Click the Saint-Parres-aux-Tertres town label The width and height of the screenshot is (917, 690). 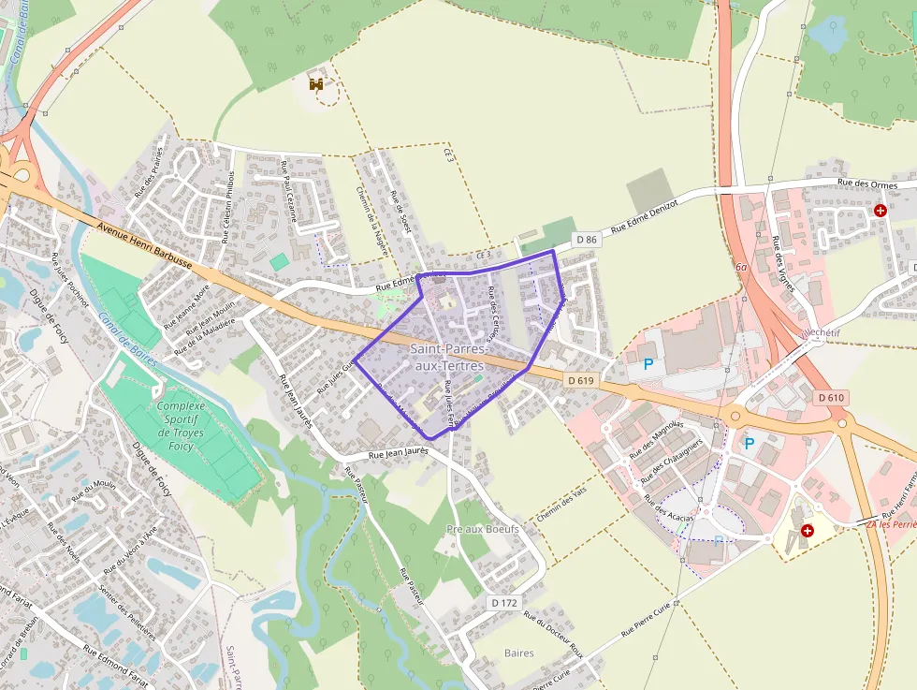click(447, 357)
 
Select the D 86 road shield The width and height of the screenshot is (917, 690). click(587, 240)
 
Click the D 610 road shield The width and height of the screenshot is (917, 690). click(831, 398)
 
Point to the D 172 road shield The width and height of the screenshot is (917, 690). click(504, 603)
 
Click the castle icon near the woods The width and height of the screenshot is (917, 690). click(317, 84)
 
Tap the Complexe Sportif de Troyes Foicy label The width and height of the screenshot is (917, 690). click(182, 426)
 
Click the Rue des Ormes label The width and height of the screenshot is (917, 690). click(867, 184)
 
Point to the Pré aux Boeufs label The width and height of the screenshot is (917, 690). click(483, 529)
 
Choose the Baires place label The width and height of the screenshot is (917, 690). click(518, 653)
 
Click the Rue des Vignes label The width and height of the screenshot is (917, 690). click(783, 263)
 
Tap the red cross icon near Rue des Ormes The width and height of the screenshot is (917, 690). click(880, 211)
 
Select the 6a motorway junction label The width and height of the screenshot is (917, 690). click(742, 268)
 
